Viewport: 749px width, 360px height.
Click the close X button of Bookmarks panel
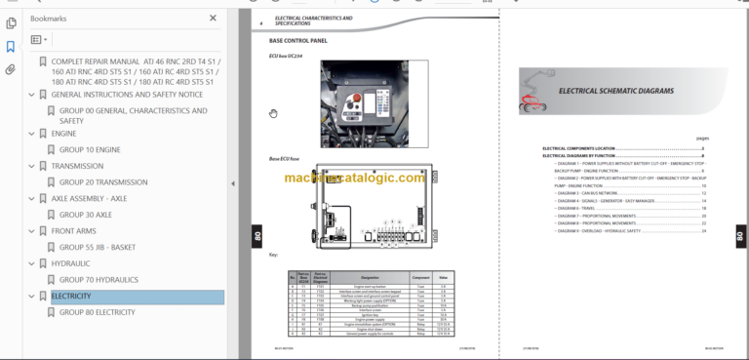214,18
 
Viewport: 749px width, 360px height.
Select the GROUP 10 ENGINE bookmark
90,149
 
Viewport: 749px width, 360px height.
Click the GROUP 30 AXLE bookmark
86,215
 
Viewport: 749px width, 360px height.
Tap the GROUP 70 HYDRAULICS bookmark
99,280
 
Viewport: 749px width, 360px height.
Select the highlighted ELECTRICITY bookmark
71,296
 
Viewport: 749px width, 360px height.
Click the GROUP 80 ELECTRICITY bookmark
97,312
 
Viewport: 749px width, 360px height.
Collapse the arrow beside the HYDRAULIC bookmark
30,263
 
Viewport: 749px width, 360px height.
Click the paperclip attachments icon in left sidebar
10,69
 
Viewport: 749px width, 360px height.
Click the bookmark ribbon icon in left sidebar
10,46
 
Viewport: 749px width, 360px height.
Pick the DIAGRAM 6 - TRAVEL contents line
576,208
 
